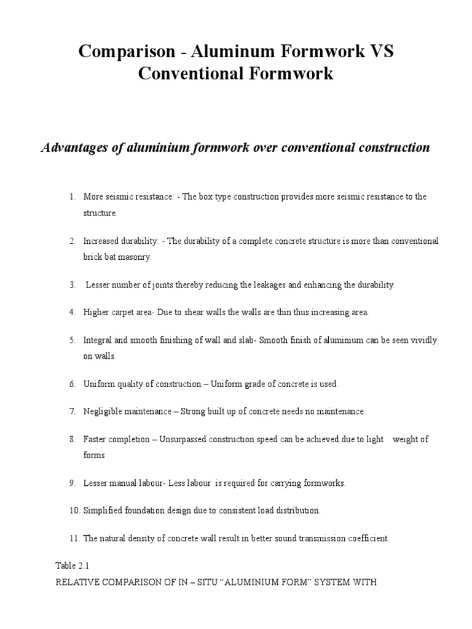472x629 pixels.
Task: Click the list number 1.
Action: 71,197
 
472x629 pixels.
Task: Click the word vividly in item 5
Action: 423,340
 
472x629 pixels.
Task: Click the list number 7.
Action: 71,412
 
